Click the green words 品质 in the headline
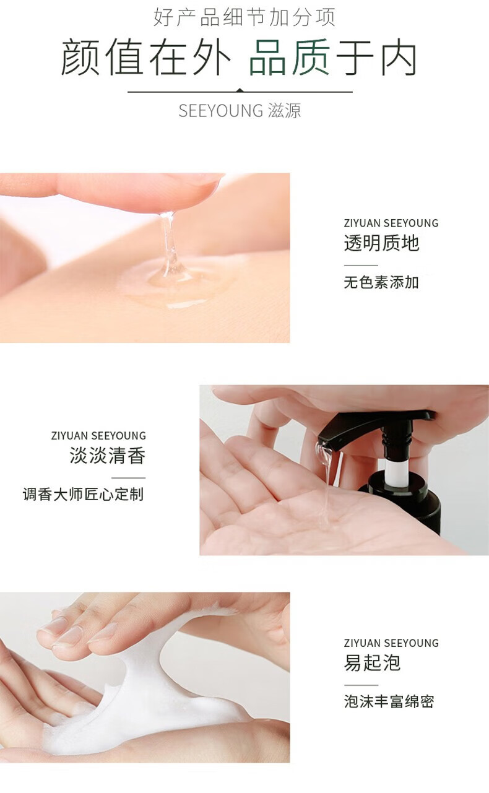click(290, 58)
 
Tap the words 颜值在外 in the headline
click(146, 58)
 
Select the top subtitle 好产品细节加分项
click(244, 17)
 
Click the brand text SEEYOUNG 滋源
click(240, 110)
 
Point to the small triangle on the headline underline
click(240, 90)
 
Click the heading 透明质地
click(381, 243)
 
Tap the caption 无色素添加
click(381, 282)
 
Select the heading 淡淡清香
click(107, 455)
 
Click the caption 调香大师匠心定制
click(83, 494)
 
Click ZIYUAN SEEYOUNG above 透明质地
click(391, 223)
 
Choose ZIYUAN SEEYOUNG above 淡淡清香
click(98, 435)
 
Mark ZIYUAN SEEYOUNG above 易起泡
click(391, 643)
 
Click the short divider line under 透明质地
click(361, 265)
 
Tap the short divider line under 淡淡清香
click(129, 477)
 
